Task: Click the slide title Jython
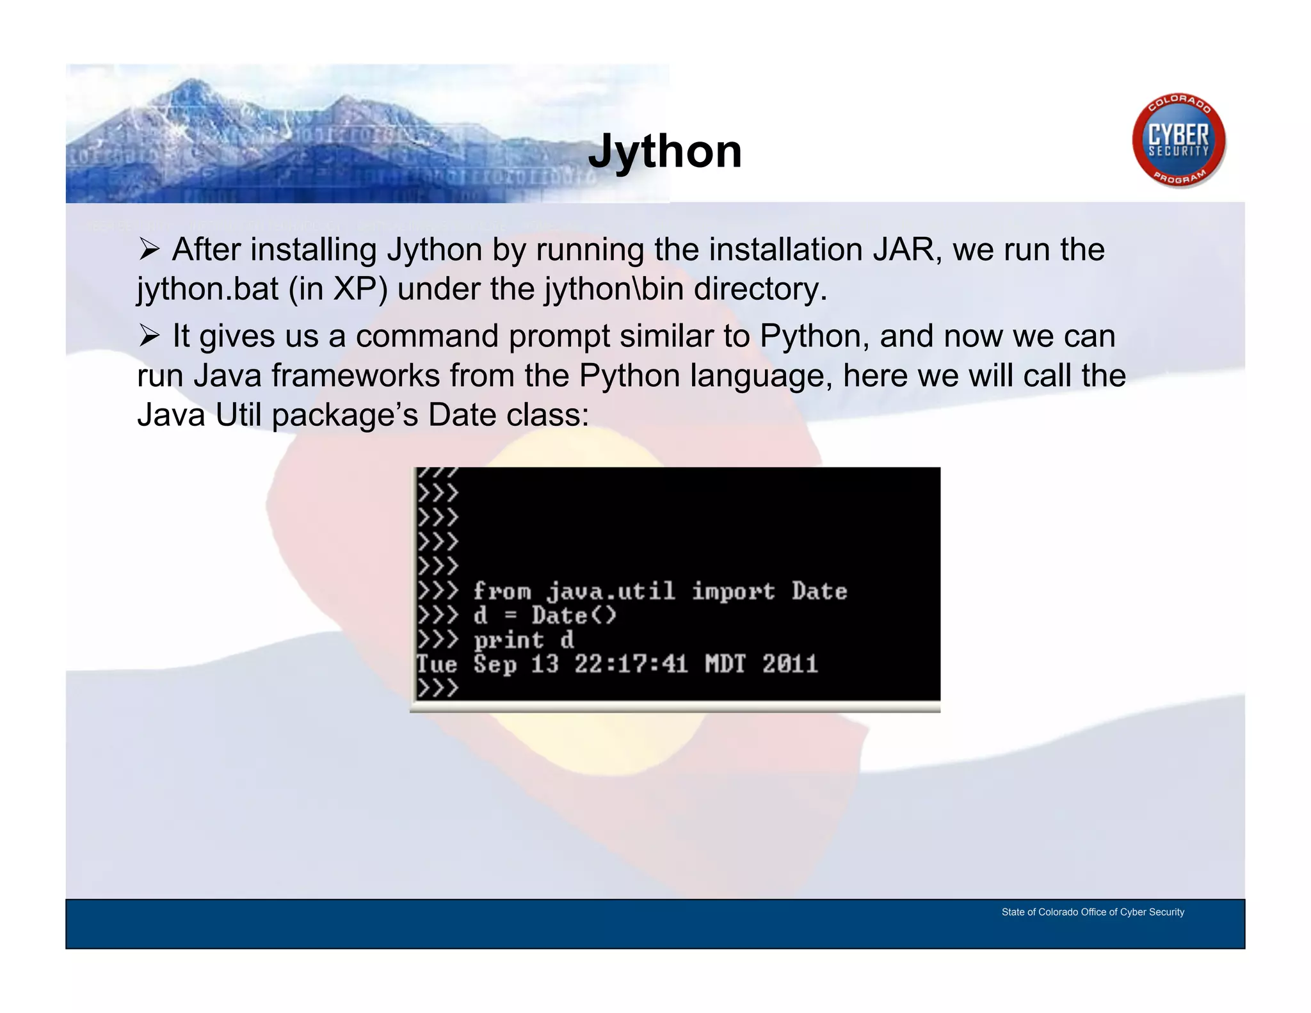pyautogui.click(x=664, y=152)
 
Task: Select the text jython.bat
pyautogui.click(x=207, y=289)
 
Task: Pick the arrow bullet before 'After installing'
pyautogui.click(x=149, y=250)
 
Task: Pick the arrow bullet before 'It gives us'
pyautogui.click(x=149, y=336)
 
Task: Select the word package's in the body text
pyautogui.click(x=345, y=416)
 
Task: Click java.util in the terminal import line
pyautogui.click(x=611, y=590)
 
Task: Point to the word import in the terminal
pyautogui.click(x=734, y=590)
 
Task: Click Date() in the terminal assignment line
pyautogui.click(x=574, y=615)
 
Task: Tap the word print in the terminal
pyautogui.click(x=509, y=640)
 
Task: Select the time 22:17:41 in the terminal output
pyautogui.click(x=631, y=664)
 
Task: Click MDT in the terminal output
pyautogui.click(x=725, y=664)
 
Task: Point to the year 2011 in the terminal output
pyautogui.click(x=790, y=664)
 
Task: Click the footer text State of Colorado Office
pyautogui.click(x=1092, y=912)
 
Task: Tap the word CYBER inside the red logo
pyautogui.click(x=1178, y=135)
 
